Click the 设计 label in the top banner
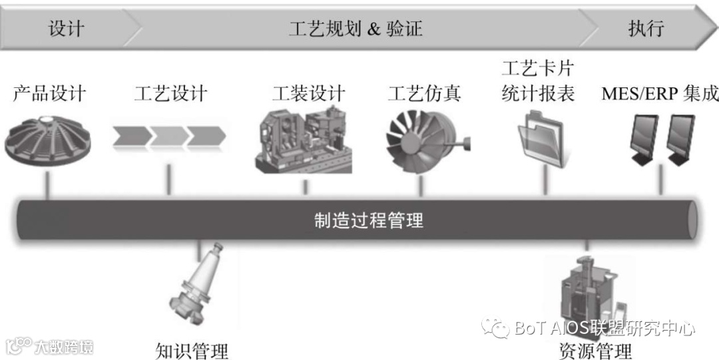(66, 28)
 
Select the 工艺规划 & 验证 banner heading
(356, 28)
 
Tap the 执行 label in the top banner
(646, 28)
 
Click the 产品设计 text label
(49, 93)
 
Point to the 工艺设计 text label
(170, 93)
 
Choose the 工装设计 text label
(308, 93)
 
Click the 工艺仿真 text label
(424, 93)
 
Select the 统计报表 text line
(537, 93)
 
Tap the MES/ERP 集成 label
(660, 93)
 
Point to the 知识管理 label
(192, 350)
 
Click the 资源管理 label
(595, 350)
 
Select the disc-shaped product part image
(49, 140)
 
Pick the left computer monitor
(644, 140)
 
